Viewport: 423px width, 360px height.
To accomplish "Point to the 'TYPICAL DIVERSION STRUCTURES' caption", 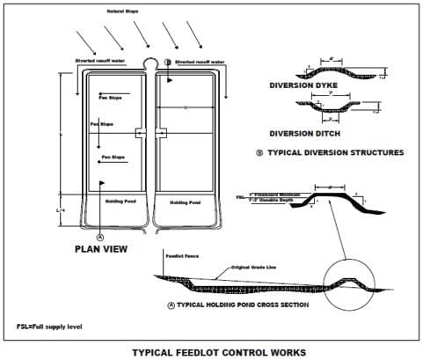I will pyautogui.click(x=330, y=152).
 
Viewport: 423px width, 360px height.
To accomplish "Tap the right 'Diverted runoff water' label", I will pyautogui.click(x=202, y=62).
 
